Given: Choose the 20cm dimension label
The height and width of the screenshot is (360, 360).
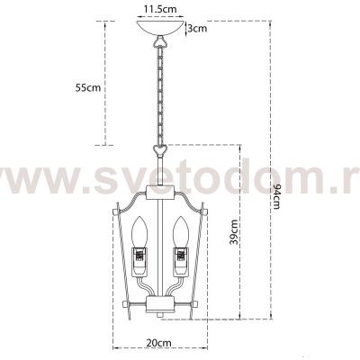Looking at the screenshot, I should coord(160,343).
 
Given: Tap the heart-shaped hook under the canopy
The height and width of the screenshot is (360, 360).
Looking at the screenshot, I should coord(162,42).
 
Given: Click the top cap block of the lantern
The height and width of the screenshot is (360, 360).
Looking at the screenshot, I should coord(162,191).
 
